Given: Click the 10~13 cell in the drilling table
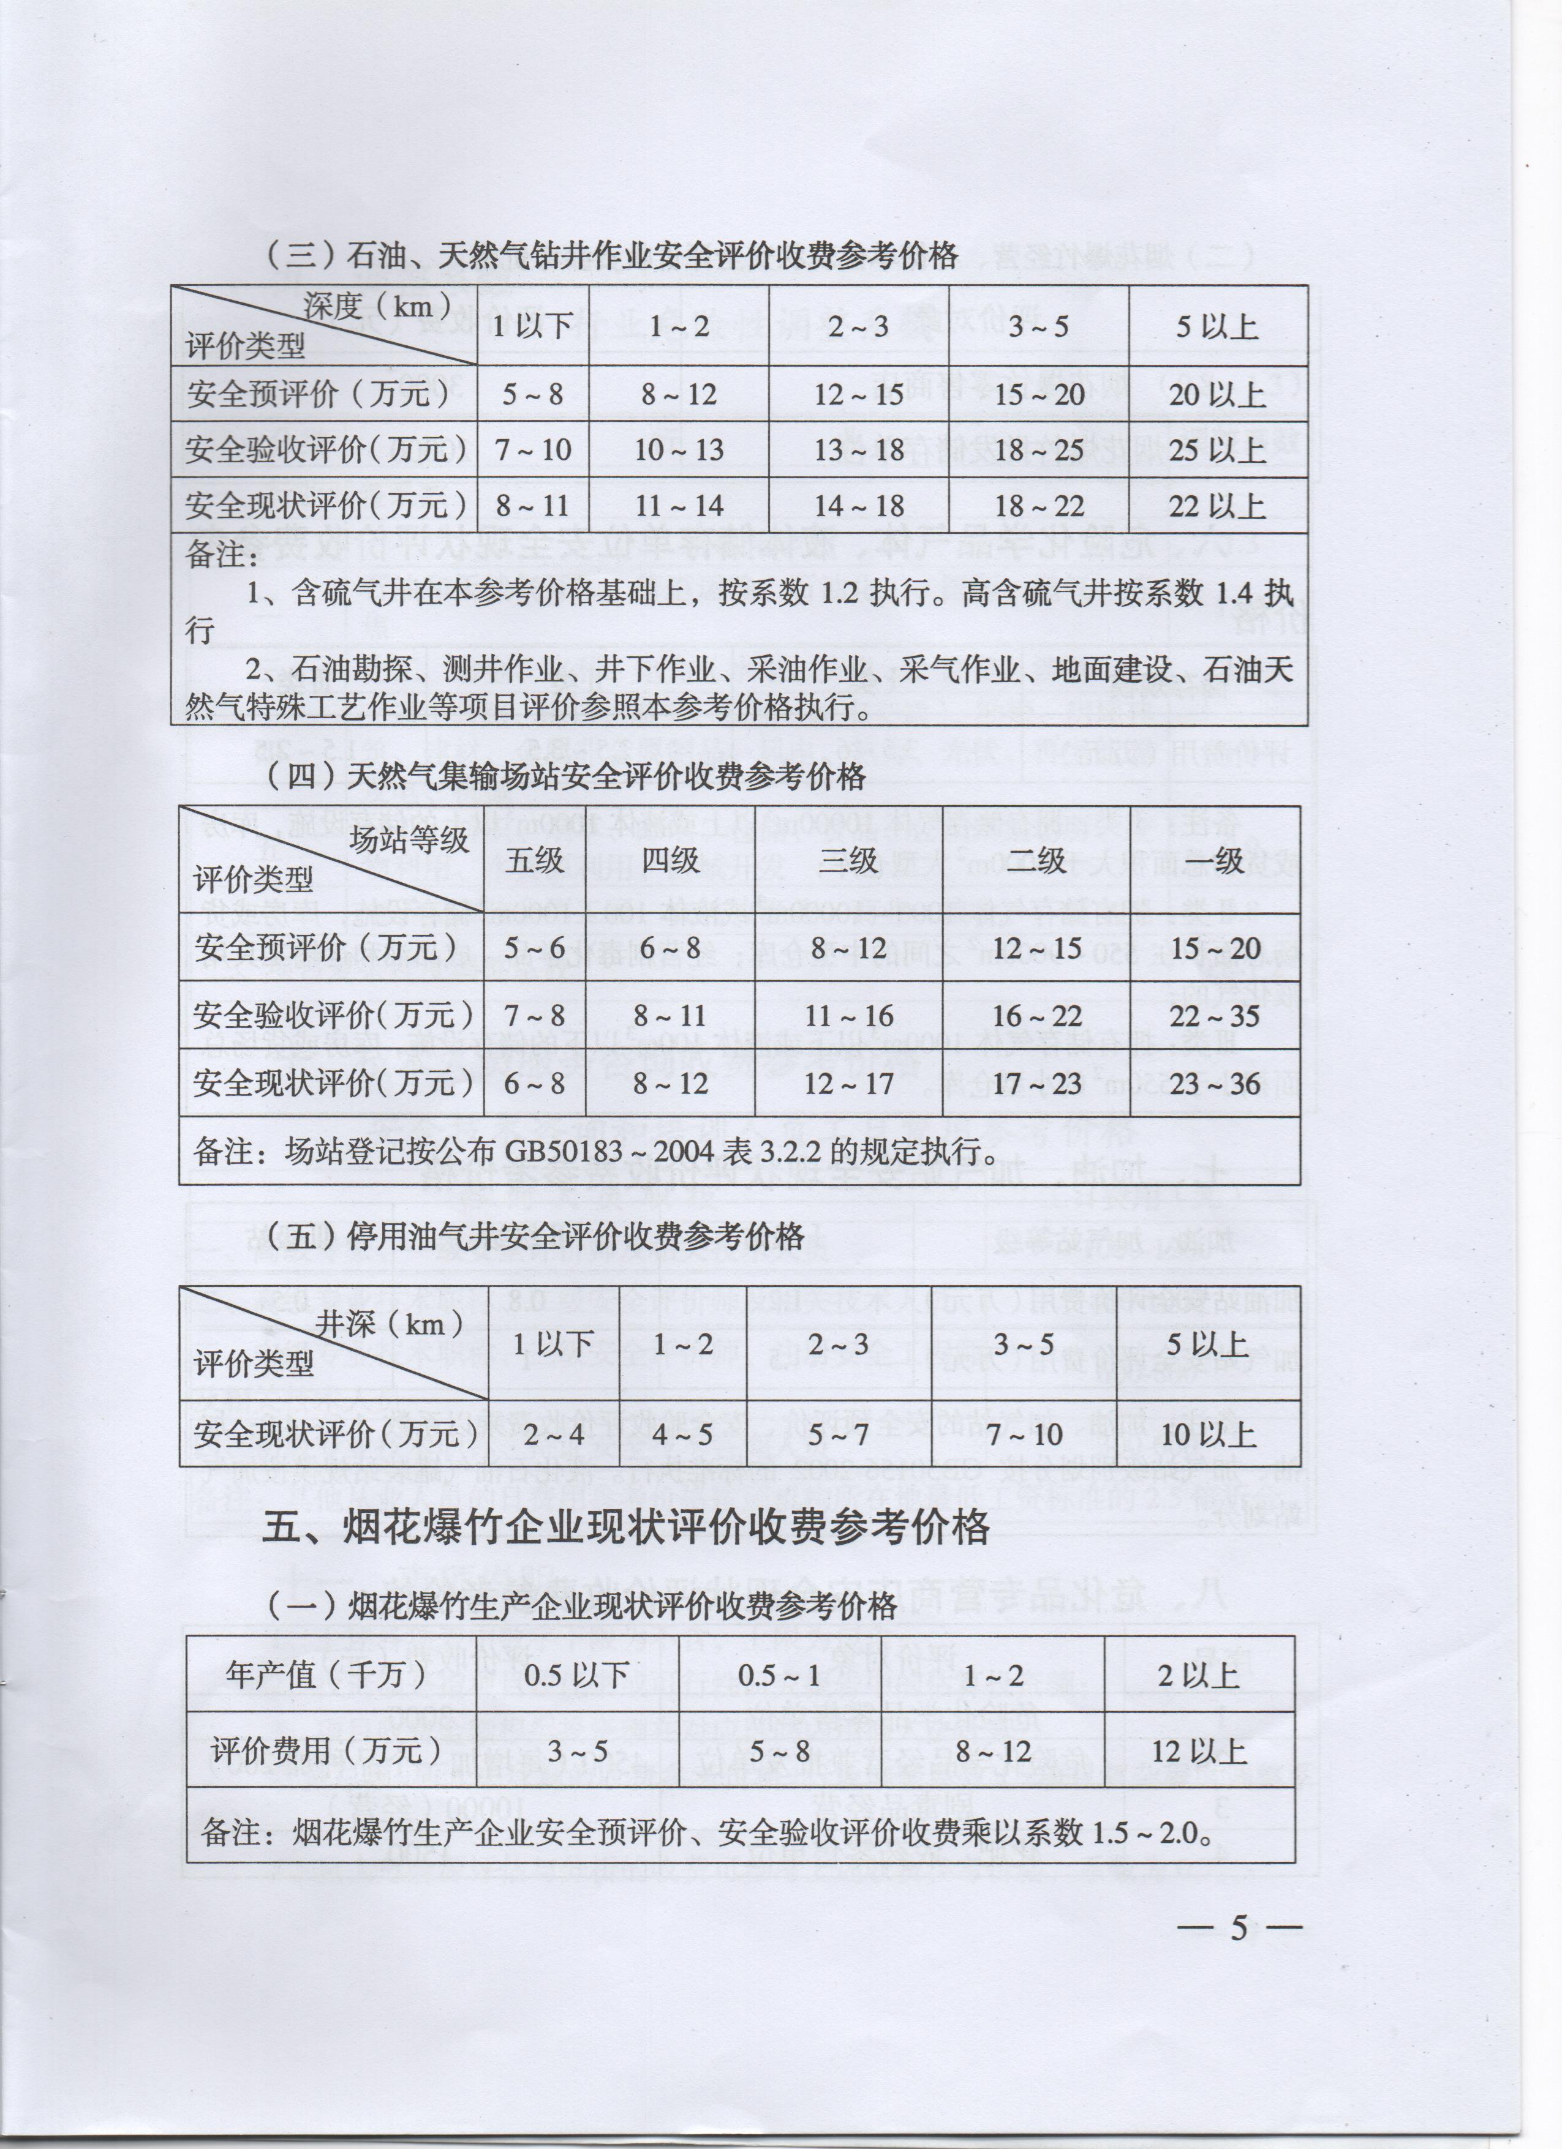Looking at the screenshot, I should coord(679,450).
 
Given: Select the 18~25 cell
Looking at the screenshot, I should coord(1039,450).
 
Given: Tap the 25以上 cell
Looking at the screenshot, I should coord(1218,450).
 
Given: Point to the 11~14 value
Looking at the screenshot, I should coord(679,506).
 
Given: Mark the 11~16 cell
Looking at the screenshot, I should coord(848,1016).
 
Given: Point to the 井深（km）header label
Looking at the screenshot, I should coord(388,1324).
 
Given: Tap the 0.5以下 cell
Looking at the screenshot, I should coord(576,1675).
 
